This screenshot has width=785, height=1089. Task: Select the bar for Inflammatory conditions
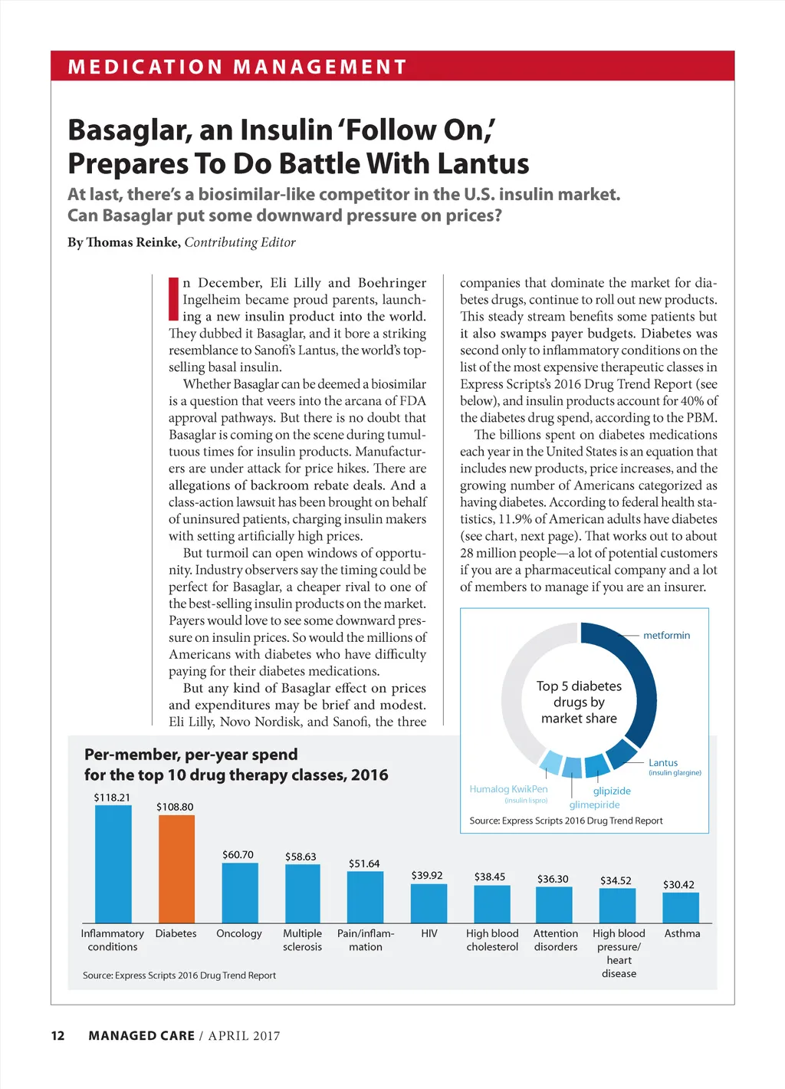pos(113,864)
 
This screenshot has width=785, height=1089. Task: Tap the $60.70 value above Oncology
pos(238,854)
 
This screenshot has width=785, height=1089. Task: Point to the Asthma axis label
pos(682,933)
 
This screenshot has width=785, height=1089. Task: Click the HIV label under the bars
pos(429,933)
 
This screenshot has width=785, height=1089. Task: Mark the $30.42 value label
pos(678,884)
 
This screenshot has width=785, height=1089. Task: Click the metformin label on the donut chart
pos(666,635)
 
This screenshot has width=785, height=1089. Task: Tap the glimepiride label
pos(594,804)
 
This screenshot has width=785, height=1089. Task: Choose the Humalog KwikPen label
pos(508,789)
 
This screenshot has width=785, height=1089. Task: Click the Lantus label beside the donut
pos(663,762)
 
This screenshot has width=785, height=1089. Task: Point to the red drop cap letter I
pos(173,299)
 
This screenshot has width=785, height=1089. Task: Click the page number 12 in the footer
pos(57,1035)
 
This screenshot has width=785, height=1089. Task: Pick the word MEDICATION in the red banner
pos(145,67)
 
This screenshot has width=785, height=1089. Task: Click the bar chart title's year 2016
pos(370,775)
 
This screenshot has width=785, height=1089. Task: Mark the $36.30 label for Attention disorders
pos(553,879)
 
